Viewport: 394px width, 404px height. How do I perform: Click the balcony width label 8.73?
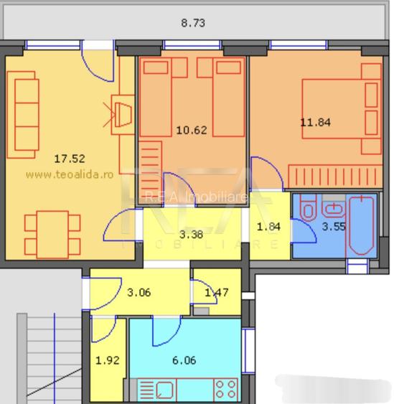193,23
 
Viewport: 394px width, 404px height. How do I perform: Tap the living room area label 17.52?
70,159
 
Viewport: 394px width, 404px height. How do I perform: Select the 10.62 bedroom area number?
191,130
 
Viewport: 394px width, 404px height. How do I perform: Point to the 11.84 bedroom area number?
315,122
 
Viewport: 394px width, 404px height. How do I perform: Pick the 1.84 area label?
269,227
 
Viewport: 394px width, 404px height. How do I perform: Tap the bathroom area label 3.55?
334,227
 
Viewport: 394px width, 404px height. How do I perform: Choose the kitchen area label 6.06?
184,361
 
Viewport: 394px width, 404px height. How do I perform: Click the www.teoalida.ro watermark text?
70,174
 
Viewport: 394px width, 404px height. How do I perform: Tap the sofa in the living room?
26,118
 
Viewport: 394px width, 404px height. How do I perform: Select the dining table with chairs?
48,233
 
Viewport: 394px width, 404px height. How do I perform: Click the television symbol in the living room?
121,114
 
